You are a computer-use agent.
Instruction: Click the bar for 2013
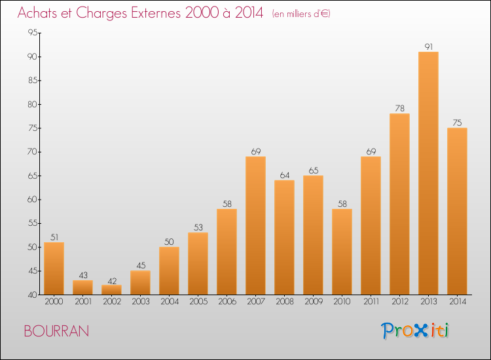tap(428, 173)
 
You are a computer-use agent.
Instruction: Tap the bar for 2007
tap(255, 226)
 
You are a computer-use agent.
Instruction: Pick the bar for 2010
tap(342, 252)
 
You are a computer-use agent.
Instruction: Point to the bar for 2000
tap(54, 268)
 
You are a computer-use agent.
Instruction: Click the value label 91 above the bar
tap(428, 46)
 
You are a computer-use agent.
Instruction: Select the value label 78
tap(399, 108)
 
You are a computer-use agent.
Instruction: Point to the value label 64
tap(284, 175)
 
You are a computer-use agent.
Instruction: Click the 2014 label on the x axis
tap(457, 303)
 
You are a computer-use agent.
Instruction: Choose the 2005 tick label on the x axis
tap(198, 303)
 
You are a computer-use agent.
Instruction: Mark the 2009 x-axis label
tap(313, 303)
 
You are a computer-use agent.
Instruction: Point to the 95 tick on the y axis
tap(32, 33)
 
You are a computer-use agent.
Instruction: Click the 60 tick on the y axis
tap(32, 200)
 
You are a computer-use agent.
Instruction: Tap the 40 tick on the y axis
tap(32, 295)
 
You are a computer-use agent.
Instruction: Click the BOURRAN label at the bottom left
tap(56, 331)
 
